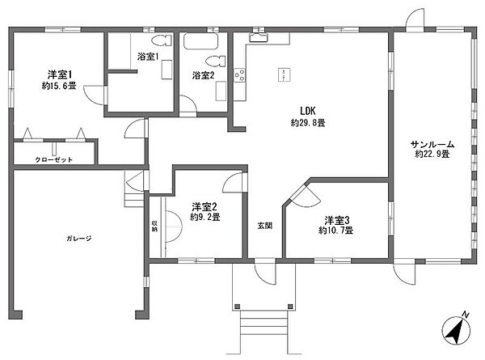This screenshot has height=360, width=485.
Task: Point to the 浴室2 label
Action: click(203, 75)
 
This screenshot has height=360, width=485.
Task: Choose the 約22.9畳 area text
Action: click(432, 153)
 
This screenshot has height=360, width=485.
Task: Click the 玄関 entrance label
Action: click(264, 225)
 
